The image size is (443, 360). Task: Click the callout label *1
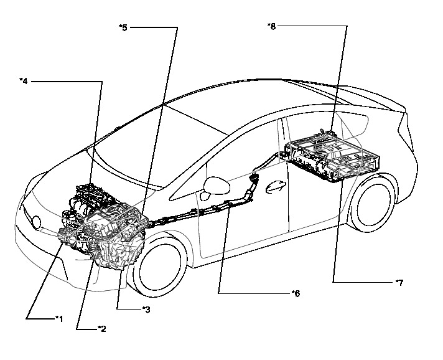pos(58,318)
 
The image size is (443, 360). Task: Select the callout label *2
pos(101,328)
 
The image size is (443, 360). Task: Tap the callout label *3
pos(146,309)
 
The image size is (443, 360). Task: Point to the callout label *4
pos(24,80)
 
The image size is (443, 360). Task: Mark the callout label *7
pos(399,282)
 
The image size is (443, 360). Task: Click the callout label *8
pos(271,26)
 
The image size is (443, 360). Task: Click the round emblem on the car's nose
pos(37,222)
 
